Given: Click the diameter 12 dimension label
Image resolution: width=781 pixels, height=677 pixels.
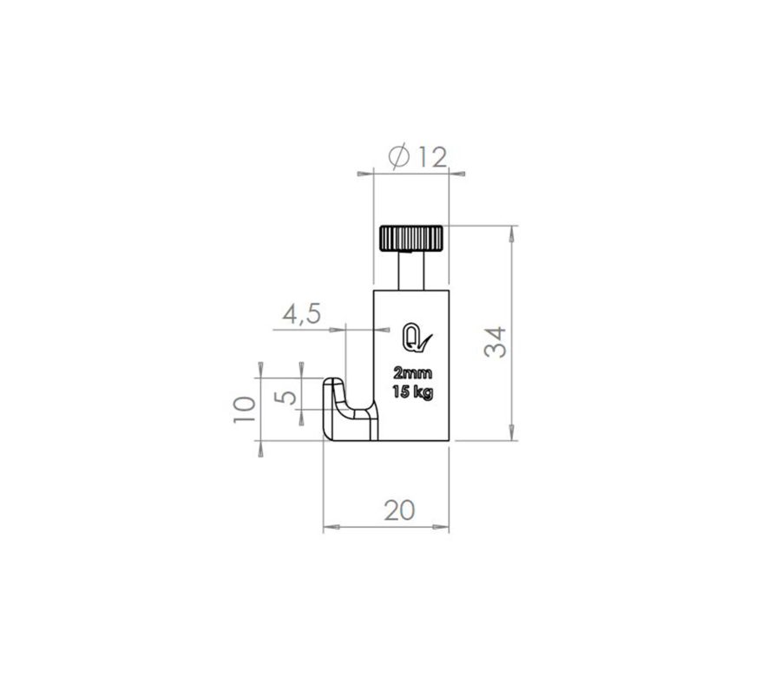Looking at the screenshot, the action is [417, 157].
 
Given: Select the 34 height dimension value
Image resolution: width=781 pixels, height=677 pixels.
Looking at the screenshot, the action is [496, 342].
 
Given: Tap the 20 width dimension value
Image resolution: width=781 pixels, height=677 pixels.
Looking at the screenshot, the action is [399, 510].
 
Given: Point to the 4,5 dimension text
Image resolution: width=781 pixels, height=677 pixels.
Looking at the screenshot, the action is [302, 315].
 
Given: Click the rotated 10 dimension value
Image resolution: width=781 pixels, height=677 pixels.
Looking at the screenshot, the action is [245, 410].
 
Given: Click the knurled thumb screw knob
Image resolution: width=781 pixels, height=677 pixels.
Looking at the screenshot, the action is [411, 238].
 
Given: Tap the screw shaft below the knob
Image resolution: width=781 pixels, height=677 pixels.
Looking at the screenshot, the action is [411, 271].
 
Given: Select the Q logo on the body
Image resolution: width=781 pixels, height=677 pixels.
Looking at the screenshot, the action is [417, 338].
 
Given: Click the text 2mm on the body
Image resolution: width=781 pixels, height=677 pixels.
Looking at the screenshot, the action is [413, 372].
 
